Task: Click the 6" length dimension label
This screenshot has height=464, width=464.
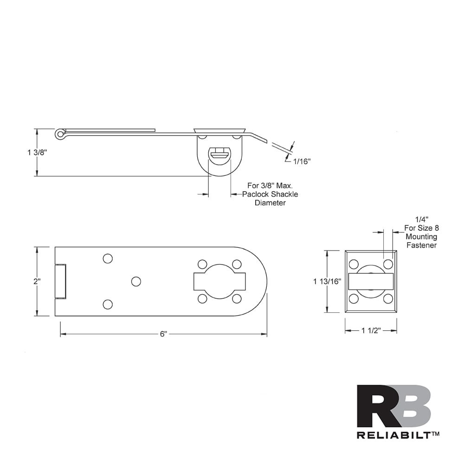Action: pos(163,334)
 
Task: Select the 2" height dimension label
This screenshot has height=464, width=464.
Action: pos(37,281)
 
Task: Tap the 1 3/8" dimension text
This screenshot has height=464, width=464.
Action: pos(37,152)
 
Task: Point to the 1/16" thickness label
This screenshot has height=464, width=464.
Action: pos(302,161)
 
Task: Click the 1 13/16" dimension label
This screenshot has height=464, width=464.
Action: pos(327,281)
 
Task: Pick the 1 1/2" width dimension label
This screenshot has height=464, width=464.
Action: pos(371,330)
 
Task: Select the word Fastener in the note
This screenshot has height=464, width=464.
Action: pos(421,245)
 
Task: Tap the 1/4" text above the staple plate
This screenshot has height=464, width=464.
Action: pos(421,219)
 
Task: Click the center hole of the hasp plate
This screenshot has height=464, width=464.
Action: pos(136,281)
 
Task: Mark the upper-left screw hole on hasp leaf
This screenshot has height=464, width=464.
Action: pos(108,258)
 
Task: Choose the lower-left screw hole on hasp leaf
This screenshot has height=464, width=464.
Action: pos(108,304)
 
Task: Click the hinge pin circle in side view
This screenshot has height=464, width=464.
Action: pos(59,134)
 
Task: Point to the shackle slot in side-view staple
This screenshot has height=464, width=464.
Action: pos(219,155)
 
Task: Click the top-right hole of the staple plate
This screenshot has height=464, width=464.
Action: pos(388,264)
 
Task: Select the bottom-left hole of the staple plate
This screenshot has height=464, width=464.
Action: pos(354,298)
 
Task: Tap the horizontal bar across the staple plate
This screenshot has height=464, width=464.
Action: pos(371,281)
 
